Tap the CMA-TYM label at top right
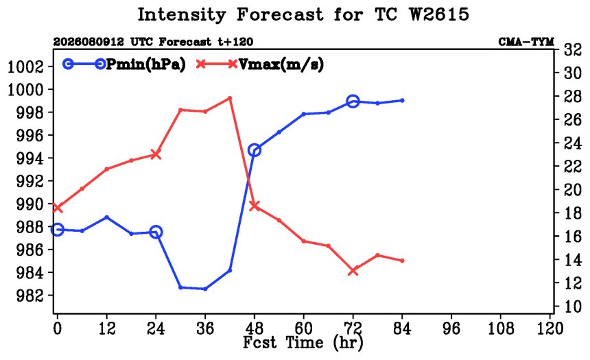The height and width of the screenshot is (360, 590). (526, 41)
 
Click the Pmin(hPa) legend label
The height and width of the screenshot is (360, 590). (146, 64)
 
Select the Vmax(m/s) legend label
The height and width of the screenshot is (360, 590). (281, 64)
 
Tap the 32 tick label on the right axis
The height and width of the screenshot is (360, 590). (572, 50)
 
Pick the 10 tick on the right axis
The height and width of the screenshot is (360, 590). (572, 307)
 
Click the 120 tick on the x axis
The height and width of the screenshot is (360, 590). (550, 328)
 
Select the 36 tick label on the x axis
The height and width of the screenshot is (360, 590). (205, 328)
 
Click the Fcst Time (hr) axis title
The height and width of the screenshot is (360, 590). (303, 343)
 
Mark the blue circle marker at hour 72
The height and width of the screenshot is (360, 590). (353, 101)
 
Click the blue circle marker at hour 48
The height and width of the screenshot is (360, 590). (255, 150)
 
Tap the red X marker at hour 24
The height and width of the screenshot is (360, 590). (156, 154)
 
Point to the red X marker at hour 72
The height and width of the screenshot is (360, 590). (353, 270)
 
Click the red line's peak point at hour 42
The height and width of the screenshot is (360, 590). (230, 98)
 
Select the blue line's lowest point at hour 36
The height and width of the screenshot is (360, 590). (205, 289)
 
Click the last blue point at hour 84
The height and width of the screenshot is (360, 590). (402, 100)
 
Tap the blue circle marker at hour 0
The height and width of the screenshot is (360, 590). (57, 230)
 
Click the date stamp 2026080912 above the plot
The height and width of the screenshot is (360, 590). (88, 41)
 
